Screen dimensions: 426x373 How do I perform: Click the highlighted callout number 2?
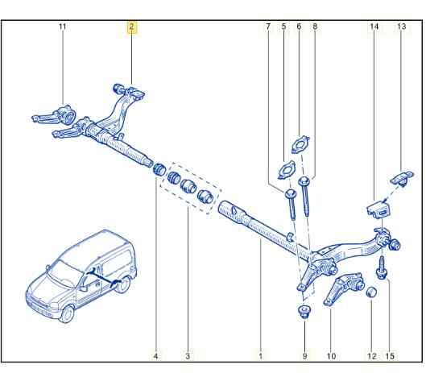coord(132,27)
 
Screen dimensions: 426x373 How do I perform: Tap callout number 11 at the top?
coord(63,27)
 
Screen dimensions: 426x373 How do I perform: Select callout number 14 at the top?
coord(374,27)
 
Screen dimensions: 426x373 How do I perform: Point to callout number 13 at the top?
coord(401,27)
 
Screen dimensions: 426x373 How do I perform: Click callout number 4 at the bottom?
coord(155,356)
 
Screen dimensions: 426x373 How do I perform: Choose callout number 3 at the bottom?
coord(188,356)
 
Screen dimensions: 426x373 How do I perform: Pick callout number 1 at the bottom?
coord(261,356)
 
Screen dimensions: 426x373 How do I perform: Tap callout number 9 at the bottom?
coord(305,356)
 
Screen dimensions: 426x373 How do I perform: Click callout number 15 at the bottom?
coord(390,356)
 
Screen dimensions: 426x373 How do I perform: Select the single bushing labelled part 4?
coord(159,169)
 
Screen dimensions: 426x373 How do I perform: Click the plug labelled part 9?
coord(304,312)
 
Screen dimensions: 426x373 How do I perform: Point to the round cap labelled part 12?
coord(371,292)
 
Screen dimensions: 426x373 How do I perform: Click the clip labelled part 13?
coord(402,177)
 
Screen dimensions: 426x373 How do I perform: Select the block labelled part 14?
coord(378,210)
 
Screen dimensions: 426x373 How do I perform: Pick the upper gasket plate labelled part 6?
coord(300,144)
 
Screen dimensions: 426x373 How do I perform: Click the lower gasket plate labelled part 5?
coord(287,170)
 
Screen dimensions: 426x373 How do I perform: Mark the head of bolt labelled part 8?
coord(304,180)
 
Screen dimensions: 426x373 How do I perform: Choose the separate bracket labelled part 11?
coord(55,115)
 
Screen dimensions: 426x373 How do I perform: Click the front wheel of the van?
coord(67,314)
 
